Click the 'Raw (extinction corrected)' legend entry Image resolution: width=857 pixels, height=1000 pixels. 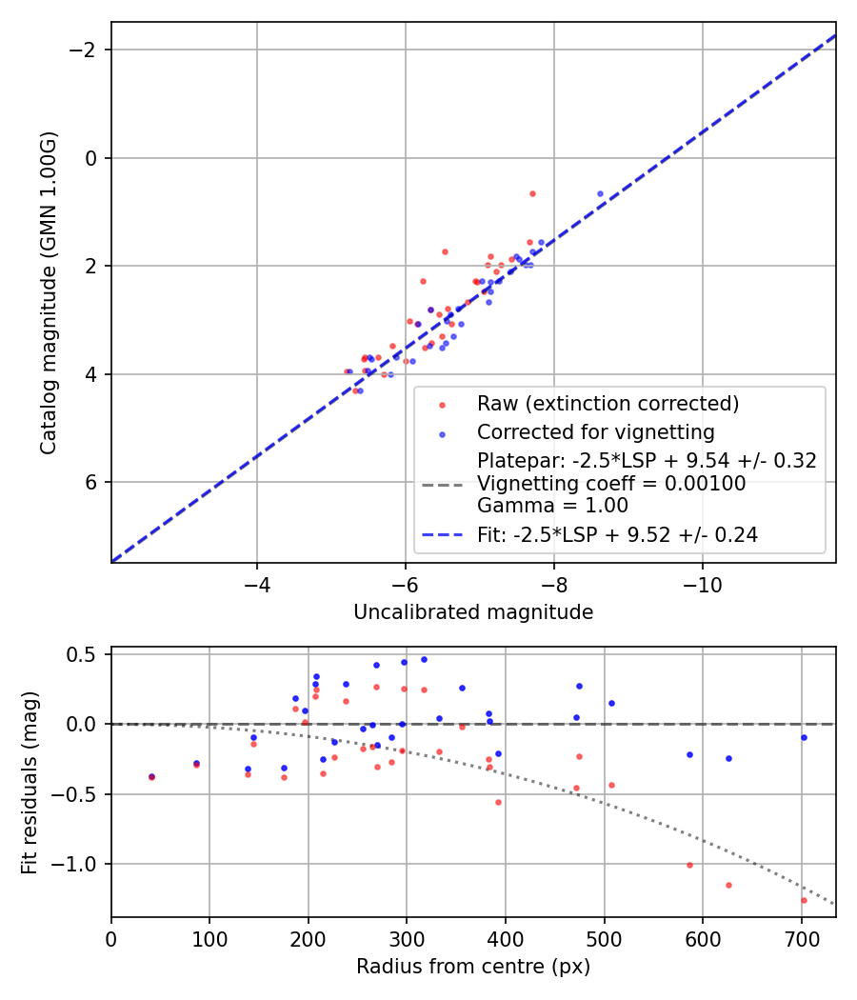(608, 404)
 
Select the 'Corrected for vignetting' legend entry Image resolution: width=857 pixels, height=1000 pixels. (594, 430)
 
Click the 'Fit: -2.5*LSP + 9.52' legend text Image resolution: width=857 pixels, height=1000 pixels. (617, 535)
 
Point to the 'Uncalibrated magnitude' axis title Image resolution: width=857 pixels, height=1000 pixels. (473, 612)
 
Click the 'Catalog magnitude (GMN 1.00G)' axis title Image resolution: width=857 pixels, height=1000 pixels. (49, 292)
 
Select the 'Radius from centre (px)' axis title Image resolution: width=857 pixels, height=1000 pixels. (473, 967)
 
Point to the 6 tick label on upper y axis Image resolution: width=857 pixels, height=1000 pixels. (93, 482)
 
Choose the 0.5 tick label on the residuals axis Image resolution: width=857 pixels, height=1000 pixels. (87, 654)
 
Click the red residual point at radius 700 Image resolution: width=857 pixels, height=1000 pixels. (804, 900)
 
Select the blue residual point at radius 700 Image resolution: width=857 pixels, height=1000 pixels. (804, 737)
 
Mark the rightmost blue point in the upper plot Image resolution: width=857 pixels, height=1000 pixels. (600, 193)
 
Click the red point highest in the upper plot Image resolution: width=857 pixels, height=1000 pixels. (532, 193)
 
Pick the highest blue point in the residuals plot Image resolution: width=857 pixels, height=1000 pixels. (424, 659)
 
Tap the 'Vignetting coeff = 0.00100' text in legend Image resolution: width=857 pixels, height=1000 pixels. (611, 484)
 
